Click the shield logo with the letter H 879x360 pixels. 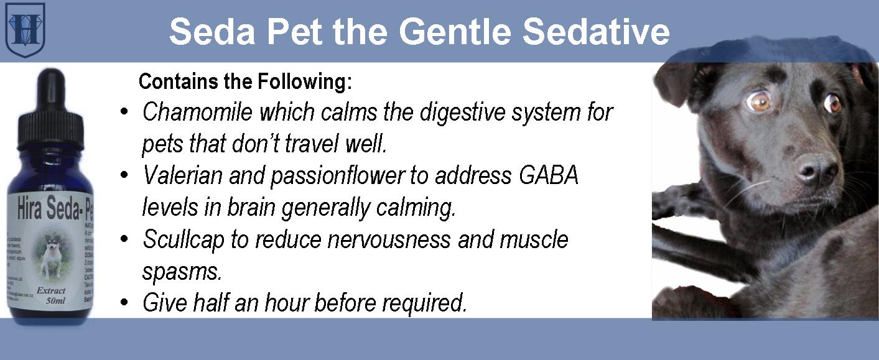coord(26,30)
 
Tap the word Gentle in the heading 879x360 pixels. coord(448,32)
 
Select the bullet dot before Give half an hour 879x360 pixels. coord(125,303)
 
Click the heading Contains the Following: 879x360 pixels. coord(245,81)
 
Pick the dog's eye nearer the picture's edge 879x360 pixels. coord(832,104)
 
